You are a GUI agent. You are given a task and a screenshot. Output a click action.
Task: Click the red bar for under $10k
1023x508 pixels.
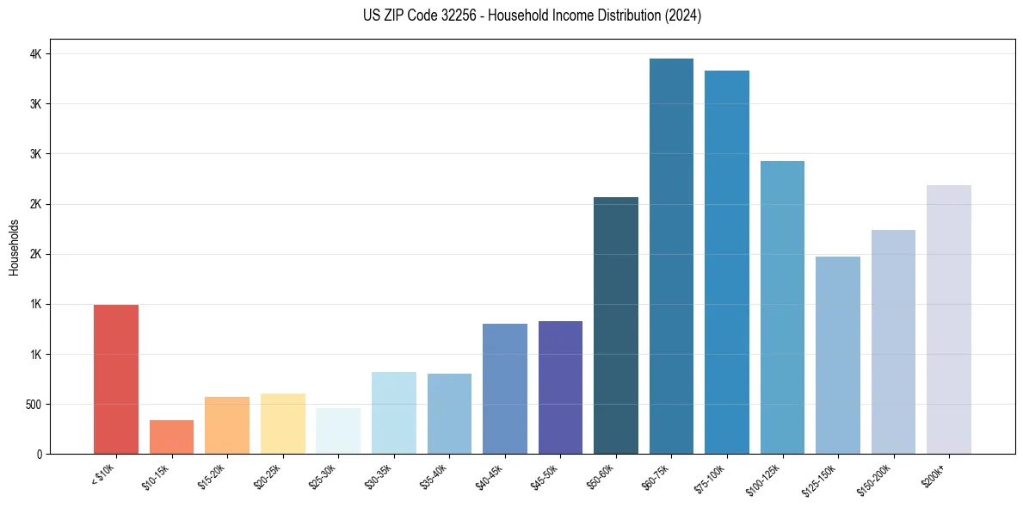point(116,379)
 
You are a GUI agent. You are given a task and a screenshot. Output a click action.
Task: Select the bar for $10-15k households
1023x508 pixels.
point(171,437)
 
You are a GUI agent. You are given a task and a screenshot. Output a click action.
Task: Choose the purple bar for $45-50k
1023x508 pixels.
point(560,387)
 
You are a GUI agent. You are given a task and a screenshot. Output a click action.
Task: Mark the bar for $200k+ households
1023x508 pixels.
point(949,319)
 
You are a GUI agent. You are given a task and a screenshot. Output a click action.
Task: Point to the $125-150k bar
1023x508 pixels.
point(838,355)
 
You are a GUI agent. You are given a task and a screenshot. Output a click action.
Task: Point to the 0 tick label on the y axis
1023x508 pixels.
point(39,455)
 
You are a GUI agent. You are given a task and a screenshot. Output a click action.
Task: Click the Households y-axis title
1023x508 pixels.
point(14,247)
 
